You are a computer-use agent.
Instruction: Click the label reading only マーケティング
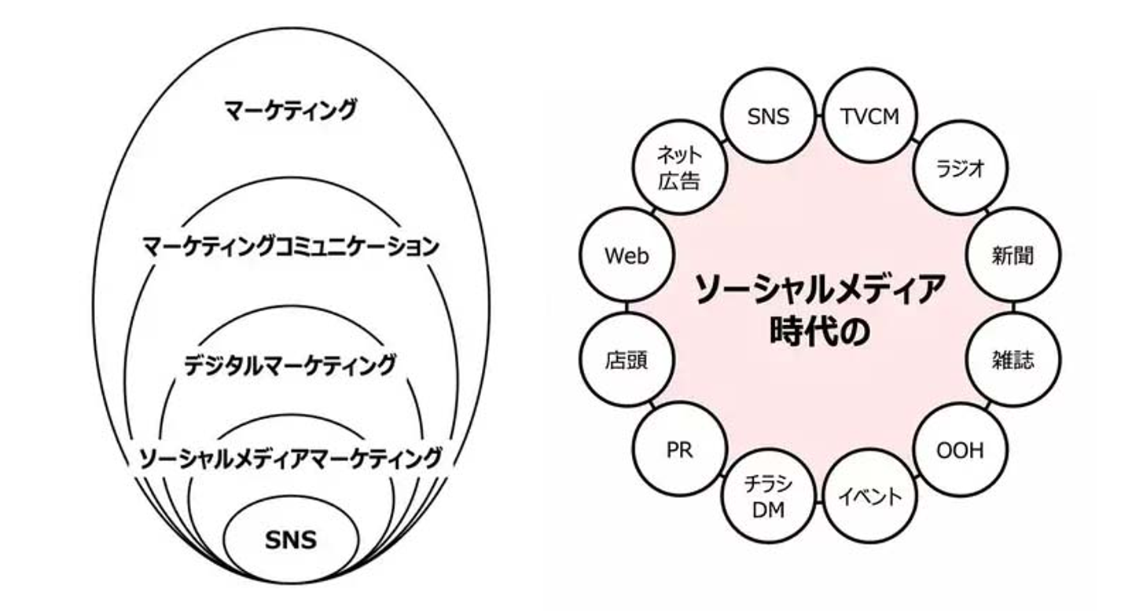click(290, 109)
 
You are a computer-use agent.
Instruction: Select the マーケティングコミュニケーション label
click(290, 247)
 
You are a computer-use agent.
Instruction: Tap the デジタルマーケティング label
click(290, 365)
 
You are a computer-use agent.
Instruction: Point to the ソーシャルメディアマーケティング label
click(290, 458)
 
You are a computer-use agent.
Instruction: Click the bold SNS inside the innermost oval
click(290, 540)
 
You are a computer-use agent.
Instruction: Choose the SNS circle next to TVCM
click(767, 117)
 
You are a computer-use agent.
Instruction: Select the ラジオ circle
click(960, 170)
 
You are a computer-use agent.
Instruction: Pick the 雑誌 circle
click(1013, 360)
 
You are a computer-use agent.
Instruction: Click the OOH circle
click(960, 451)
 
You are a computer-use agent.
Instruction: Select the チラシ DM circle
click(767, 498)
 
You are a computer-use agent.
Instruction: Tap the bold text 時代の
click(818, 330)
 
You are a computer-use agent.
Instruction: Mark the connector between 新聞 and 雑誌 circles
click(1013, 307)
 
